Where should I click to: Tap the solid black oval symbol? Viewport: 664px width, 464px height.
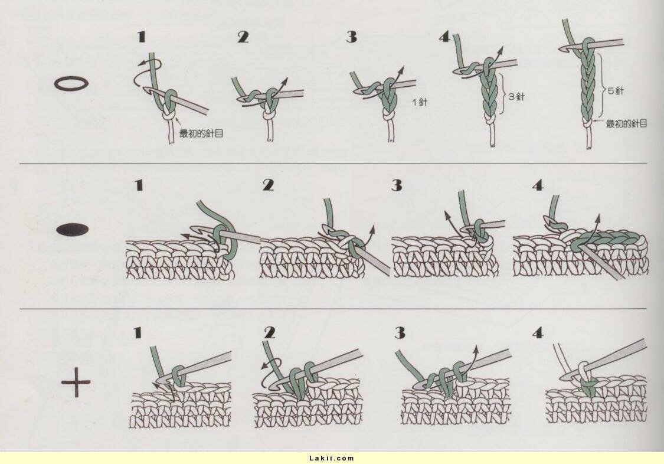pyautogui.click(x=73, y=230)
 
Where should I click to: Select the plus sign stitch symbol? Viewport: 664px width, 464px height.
pyautogui.click(x=76, y=381)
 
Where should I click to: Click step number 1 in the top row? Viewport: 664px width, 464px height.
pyautogui.click(x=142, y=37)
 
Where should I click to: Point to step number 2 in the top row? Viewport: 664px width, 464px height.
pyautogui.click(x=243, y=37)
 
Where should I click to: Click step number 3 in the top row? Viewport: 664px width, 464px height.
pyautogui.click(x=352, y=37)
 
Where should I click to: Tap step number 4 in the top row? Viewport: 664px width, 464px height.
pyautogui.click(x=444, y=37)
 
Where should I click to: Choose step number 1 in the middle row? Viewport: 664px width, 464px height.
pyautogui.click(x=139, y=185)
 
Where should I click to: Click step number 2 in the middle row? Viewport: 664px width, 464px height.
pyautogui.click(x=268, y=185)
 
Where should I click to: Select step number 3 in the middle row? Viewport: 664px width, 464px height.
pyautogui.click(x=397, y=185)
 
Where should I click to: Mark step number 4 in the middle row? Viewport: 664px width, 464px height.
pyautogui.click(x=538, y=185)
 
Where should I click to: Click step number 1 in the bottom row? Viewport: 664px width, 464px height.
pyautogui.click(x=137, y=333)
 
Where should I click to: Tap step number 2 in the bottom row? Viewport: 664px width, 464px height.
pyautogui.click(x=269, y=333)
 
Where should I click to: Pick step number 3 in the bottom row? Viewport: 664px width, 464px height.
pyautogui.click(x=400, y=333)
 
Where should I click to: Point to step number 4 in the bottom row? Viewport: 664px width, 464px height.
pyautogui.click(x=538, y=333)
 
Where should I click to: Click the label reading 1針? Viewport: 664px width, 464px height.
pyautogui.click(x=420, y=102)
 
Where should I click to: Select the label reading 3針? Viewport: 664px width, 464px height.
pyautogui.click(x=516, y=97)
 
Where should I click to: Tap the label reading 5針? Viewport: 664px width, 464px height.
pyautogui.click(x=616, y=90)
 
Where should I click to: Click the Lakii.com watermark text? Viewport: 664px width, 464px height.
pyautogui.click(x=332, y=458)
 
